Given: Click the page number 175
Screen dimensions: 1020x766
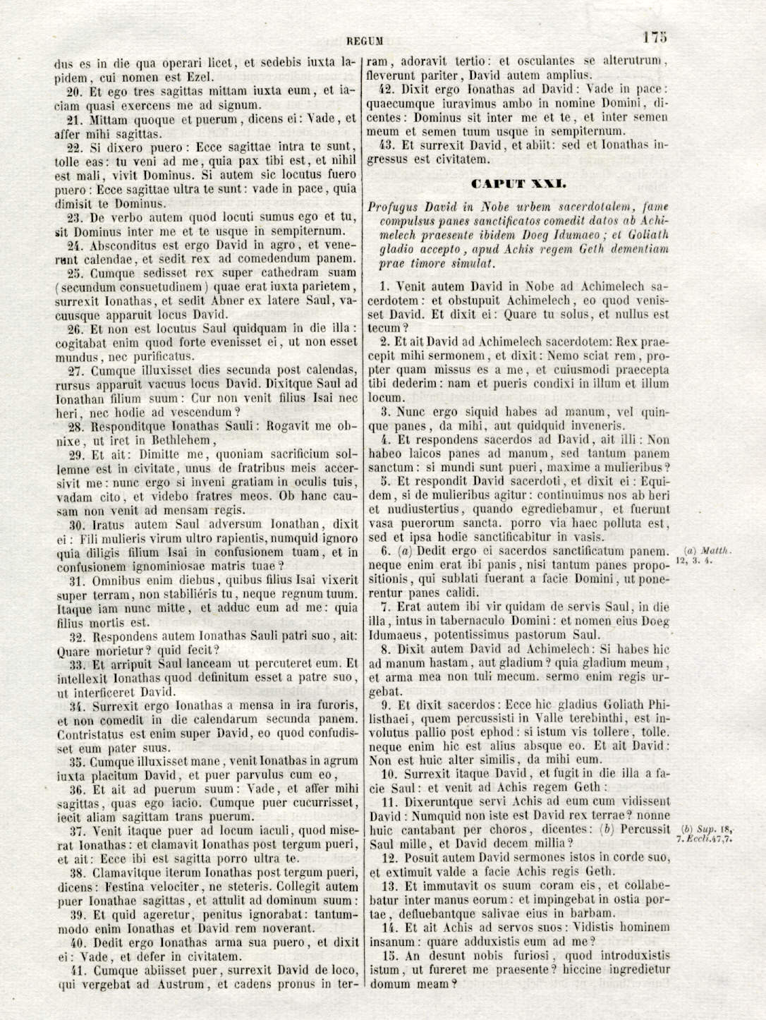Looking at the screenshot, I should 655,37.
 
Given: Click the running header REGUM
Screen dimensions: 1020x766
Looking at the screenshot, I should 365,41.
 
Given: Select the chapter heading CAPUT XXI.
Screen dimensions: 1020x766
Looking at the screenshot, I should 518,183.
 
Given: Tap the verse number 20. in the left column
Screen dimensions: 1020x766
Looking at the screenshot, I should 75,91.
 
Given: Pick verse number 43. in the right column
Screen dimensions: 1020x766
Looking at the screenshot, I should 387,145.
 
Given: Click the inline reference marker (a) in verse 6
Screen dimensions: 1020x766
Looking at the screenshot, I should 404,552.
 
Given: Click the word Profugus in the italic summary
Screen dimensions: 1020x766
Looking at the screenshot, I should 392,207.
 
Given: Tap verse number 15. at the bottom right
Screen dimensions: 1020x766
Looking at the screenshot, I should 389,956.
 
